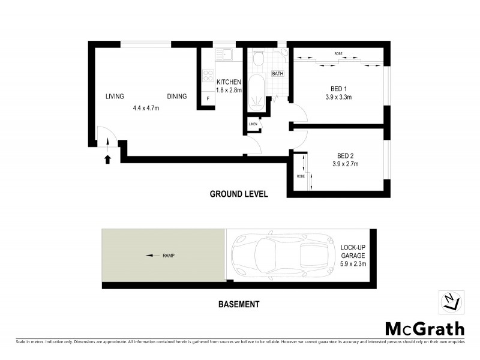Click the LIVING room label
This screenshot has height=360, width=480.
[x=115, y=96]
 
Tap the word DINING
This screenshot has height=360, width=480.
[x=176, y=96]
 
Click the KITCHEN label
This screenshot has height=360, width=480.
[x=229, y=82]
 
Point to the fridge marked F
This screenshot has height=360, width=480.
[x=208, y=98]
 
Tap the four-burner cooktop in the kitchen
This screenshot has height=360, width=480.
[x=208, y=76]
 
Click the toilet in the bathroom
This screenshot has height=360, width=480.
[x=259, y=58]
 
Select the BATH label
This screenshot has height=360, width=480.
[x=277, y=74]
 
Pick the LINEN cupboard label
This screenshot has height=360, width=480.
[x=253, y=124]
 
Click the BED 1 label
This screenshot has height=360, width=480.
[x=338, y=86]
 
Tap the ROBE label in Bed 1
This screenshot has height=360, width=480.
[x=338, y=53]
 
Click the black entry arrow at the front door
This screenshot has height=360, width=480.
[x=108, y=159]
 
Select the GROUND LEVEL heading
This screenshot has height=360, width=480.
[x=238, y=194]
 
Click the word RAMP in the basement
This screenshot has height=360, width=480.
[x=168, y=256]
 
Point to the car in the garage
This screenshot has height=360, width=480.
[x=281, y=254]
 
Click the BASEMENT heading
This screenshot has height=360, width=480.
[x=238, y=304]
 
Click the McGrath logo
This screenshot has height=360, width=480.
[x=424, y=328]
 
